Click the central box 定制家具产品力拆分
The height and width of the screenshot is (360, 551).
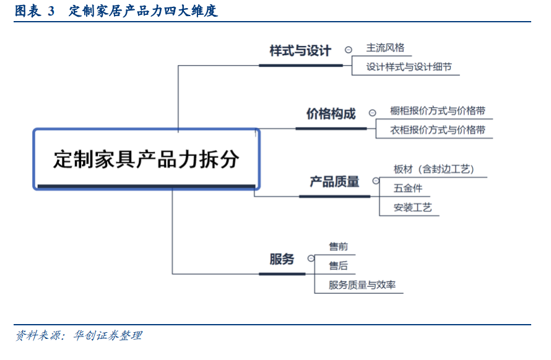[x=147, y=159]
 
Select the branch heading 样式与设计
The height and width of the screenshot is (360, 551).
[x=300, y=51]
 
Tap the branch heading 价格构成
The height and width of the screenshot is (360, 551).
[x=331, y=114]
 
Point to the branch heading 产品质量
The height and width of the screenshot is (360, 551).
[x=334, y=182]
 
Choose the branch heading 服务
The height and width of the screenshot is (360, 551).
[x=282, y=259]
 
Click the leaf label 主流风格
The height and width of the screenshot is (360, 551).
[x=385, y=48]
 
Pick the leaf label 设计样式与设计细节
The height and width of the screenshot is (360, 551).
[x=409, y=67]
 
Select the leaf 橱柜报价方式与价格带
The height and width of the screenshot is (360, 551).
[x=438, y=111]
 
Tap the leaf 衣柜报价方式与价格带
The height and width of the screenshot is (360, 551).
[x=438, y=130]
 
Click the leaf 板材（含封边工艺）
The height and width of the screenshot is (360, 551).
[x=434, y=169]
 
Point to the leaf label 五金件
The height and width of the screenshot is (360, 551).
[x=407, y=188]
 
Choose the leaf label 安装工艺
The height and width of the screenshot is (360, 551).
[x=412, y=208]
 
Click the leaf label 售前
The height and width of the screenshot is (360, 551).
[x=338, y=247]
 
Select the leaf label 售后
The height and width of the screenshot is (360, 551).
[x=338, y=266]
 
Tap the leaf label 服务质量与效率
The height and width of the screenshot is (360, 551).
[x=362, y=285]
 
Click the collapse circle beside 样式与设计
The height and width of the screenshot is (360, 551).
[x=348, y=50]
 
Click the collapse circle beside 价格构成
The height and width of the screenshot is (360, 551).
[x=372, y=113]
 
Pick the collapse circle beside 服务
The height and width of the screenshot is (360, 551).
[x=311, y=258]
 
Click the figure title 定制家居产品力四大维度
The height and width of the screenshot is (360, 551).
[x=143, y=11]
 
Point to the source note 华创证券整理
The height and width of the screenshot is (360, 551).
[x=108, y=335]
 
